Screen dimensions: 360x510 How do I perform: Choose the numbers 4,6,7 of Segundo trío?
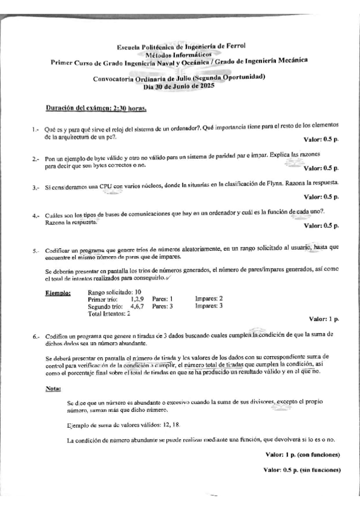(138, 306)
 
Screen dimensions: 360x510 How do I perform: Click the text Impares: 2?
(209, 298)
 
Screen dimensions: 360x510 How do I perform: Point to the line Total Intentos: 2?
(109, 314)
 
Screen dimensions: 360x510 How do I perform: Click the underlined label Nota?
(53, 389)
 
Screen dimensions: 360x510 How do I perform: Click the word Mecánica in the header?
(290, 61)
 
